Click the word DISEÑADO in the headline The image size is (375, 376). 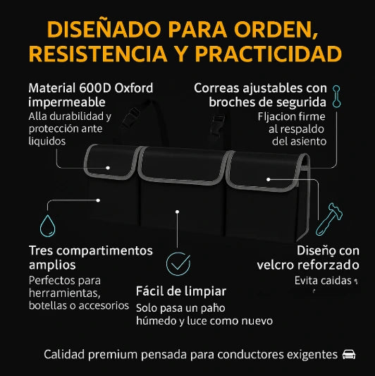[104, 30]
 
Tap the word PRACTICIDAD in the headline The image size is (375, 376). [269, 54]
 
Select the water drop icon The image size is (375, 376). [47, 226]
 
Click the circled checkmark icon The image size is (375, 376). [178, 264]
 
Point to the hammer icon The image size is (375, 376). [329, 219]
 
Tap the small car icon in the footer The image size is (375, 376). [349, 354]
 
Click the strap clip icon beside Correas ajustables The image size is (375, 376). [337, 97]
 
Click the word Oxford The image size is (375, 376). [134, 88]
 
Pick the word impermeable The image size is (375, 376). [67, 102]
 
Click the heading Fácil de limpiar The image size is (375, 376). [181, 291]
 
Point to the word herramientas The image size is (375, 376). [64, 293]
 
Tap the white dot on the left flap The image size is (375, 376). [108, 168]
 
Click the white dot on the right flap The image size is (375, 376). [269, 179]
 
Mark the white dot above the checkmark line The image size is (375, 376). [178, 212]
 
